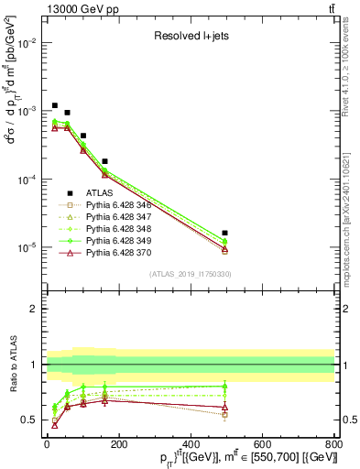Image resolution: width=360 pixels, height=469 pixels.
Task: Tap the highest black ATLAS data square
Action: click(x=55, y=105)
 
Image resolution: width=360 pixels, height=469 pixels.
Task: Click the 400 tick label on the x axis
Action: click(x=190, y=442)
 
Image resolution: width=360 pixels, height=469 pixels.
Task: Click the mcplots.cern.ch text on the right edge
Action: click(x=354, y=211)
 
